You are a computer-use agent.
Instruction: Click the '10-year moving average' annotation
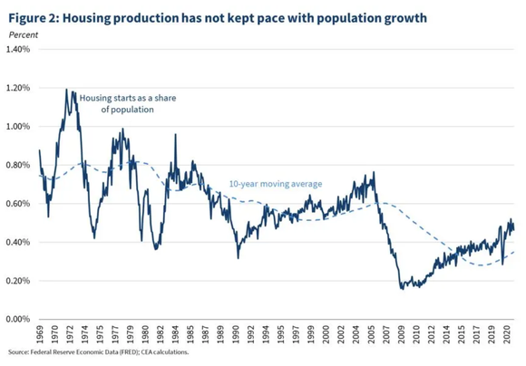pos(277,184)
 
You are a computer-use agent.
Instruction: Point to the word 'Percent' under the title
pos(23,34)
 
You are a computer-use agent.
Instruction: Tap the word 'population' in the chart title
pos(343,14)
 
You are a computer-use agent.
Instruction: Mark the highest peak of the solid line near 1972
pos(66,90)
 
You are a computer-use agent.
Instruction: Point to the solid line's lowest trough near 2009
pos(401,288)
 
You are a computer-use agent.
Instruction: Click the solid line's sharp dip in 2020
pos(502,264)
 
